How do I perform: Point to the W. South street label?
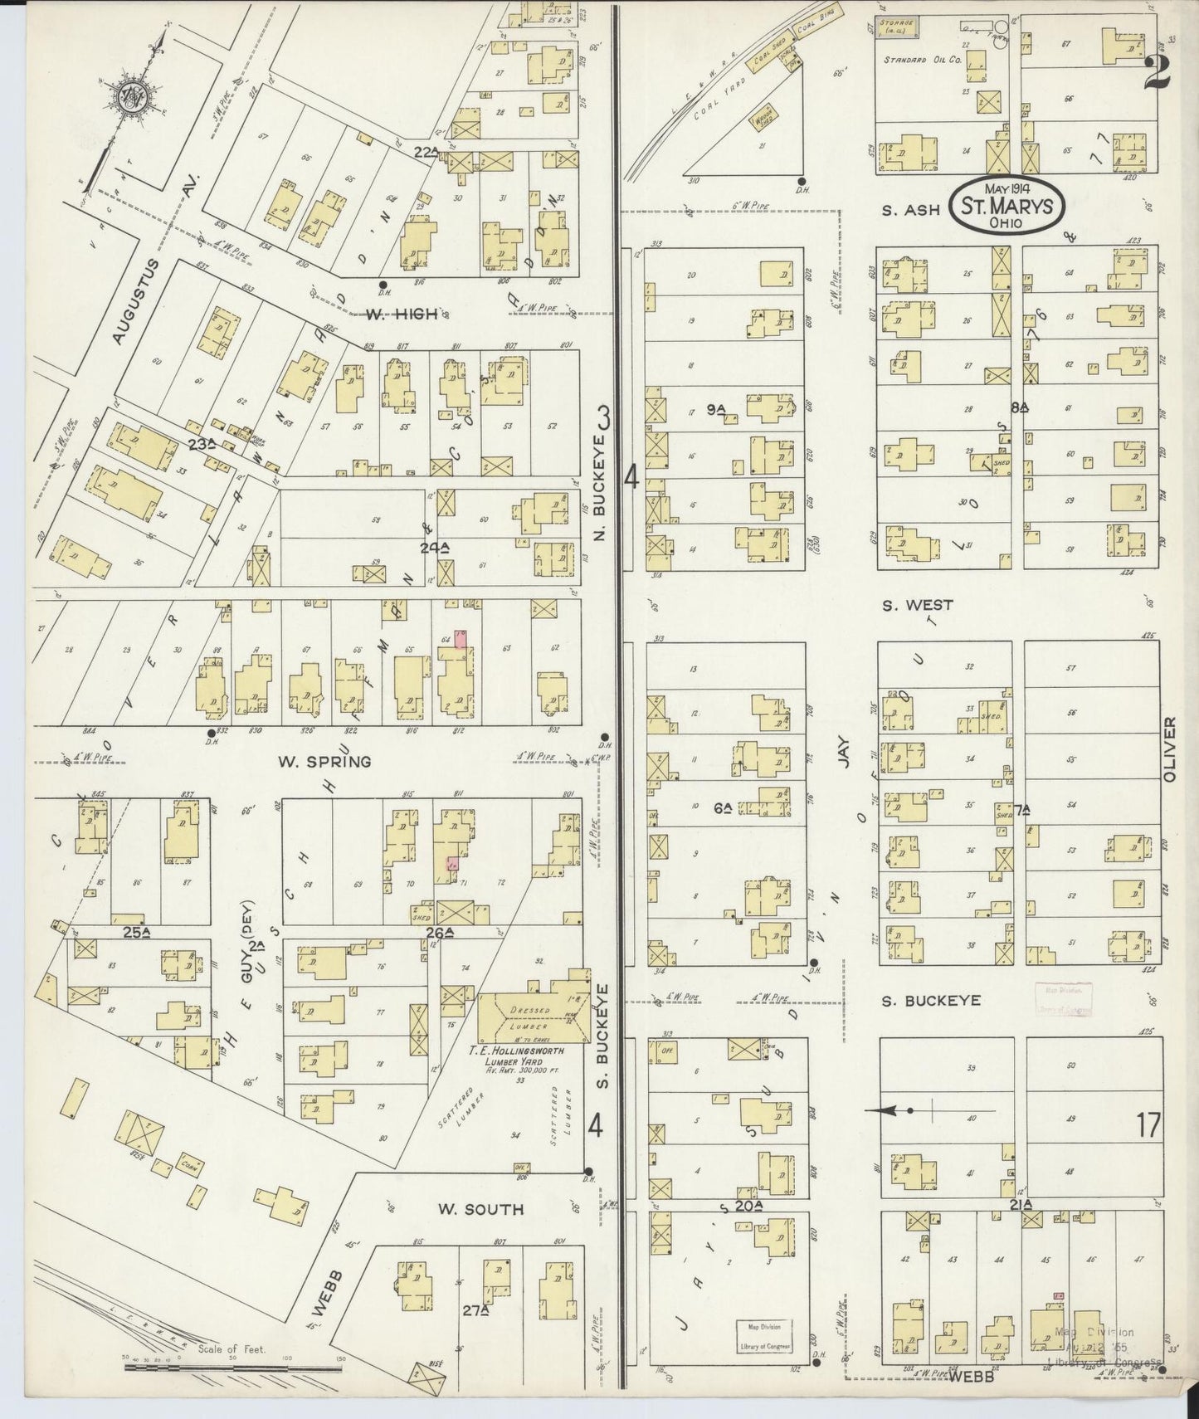coord(481,1209)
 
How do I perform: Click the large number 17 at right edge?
coord(1149,1126)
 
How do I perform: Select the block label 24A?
coord(434,547)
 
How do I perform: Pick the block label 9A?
coord(716,408)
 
